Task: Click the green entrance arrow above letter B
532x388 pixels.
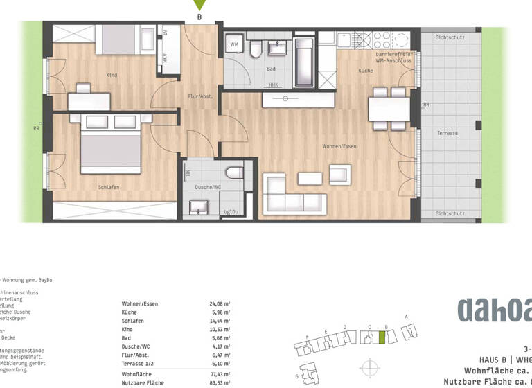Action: pyautogui.click(x=199, y=6)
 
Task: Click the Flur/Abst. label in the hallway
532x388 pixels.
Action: pyautogui.click(x=199, y=97)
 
